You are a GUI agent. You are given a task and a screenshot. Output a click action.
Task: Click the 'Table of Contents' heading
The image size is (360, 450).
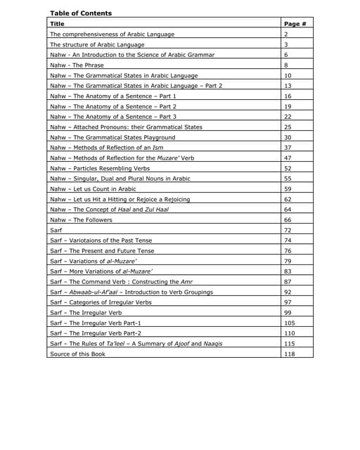[x=81, y=13]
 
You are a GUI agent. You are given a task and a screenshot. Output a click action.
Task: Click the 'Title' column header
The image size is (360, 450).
[x=58, y=24]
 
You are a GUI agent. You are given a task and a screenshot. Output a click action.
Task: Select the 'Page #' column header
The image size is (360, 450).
[x=295, y=24]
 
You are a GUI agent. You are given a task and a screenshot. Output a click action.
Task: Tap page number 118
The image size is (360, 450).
[x=289, y=354]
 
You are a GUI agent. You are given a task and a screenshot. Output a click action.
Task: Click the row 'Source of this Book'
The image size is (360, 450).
[x=77, y=354]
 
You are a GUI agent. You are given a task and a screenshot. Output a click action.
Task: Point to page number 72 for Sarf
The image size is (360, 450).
[x=288, y=230]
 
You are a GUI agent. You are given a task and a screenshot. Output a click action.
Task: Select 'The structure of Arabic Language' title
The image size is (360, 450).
[x=97, y=44]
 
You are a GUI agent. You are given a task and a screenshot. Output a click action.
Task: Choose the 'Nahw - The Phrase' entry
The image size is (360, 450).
[x=77, y=65]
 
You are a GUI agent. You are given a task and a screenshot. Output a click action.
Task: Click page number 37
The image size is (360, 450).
[x=288, y=148]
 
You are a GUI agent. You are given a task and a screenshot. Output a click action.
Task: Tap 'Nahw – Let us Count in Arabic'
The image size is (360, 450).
[x=93, y=189]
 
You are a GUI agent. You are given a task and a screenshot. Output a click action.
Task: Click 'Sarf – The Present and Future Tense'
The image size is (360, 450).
[x=101, y=250]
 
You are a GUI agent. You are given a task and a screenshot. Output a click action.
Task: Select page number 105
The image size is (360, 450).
[x=289, y=323]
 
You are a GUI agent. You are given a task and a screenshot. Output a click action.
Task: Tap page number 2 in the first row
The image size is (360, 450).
[x=286, y=34]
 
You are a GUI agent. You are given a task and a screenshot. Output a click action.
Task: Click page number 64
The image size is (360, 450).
[x=288, y=210]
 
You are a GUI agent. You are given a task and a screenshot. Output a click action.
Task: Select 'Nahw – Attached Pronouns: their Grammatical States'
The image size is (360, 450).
[x=126, y=127]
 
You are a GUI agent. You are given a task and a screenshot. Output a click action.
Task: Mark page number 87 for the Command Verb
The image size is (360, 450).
[x=288, y=281]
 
